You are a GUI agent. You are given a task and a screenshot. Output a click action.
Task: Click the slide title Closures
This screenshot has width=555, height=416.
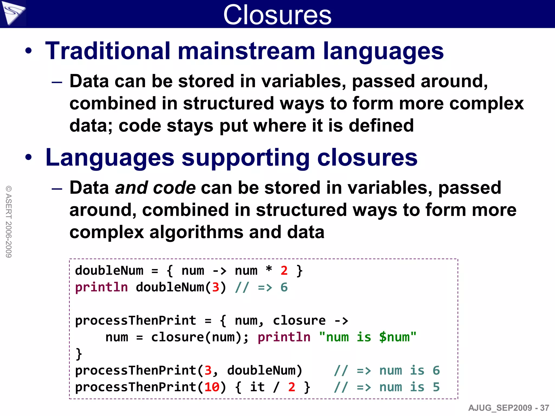[x=277, y=15]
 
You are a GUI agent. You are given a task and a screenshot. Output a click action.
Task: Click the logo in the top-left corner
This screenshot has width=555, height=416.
[x=13, y=13]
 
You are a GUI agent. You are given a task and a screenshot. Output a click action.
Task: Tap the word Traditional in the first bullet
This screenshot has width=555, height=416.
[x=108, y=51]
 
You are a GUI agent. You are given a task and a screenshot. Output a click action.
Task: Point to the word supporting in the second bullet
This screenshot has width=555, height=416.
[x=246, y=158]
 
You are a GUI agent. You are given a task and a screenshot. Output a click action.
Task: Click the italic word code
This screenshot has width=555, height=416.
[x=174, y=188]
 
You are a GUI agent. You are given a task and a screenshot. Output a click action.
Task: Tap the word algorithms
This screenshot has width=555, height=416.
[x=196, y=232]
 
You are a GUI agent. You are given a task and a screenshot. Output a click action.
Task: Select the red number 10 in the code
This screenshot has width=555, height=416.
[x=212, y=387]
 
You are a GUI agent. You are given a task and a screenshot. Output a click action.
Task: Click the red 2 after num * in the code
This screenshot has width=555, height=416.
[x=284, y=271]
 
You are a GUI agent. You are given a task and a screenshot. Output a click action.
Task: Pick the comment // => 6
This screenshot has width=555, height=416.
[x=261, y=287]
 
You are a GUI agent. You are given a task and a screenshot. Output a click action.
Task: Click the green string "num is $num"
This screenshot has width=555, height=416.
[x=367, y=337]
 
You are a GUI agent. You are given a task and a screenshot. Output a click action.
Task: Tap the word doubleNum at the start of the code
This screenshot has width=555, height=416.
[x=109, y=271]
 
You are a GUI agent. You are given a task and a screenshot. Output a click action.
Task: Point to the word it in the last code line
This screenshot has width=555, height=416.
[x=257, y=387]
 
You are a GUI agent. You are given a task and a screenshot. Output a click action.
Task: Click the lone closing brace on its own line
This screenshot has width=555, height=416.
[x=79, y=354]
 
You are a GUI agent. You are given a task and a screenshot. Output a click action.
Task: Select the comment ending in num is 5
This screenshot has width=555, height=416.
[x=387, y=387]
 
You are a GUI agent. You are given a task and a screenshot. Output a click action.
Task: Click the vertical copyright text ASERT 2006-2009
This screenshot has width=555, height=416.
[x=9, y=222]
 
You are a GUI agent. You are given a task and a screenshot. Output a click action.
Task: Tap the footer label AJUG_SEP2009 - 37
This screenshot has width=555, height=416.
[x=508, y=408]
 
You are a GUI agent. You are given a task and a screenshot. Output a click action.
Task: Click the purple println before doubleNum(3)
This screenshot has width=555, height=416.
[x=101, y=287]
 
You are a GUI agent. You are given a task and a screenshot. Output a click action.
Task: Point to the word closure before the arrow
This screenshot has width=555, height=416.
[x=299, y=321]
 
